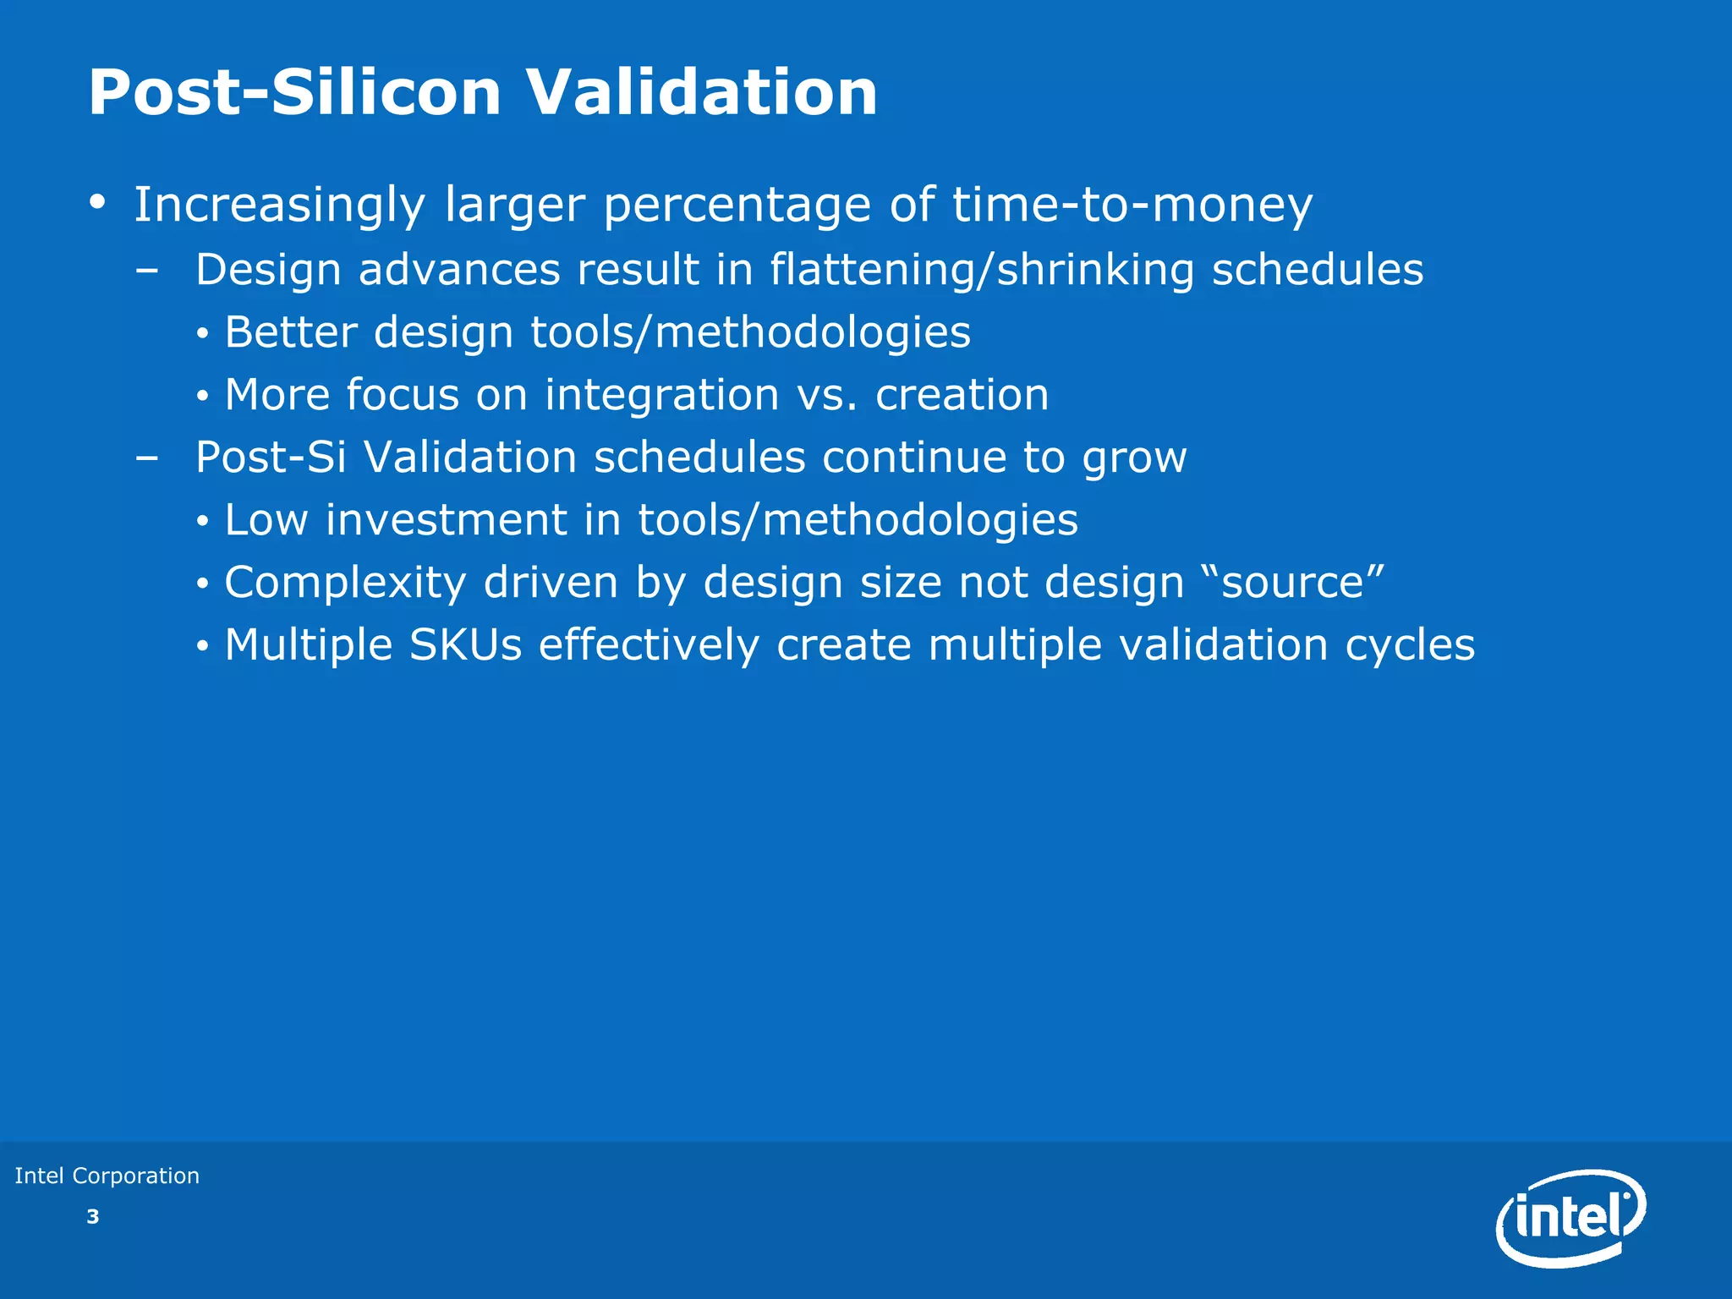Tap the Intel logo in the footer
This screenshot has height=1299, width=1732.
[1571, 1218]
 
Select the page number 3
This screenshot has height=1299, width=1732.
[93, 1217]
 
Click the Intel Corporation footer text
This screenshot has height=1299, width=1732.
[107, 1176]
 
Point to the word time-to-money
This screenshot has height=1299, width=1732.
[1132, 206]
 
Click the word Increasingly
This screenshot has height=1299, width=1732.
[279, 206]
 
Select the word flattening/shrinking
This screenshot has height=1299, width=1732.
[982, 271]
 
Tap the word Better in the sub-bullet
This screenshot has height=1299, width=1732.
[291, 332]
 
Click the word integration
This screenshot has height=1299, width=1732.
[661, 395]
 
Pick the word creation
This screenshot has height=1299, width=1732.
[962, 395]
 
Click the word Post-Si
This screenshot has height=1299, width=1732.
[271, 458]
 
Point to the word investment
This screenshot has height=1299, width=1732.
[446, 520]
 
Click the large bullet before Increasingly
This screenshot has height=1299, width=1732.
[98, 203]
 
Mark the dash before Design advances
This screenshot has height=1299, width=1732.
[146, 271]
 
